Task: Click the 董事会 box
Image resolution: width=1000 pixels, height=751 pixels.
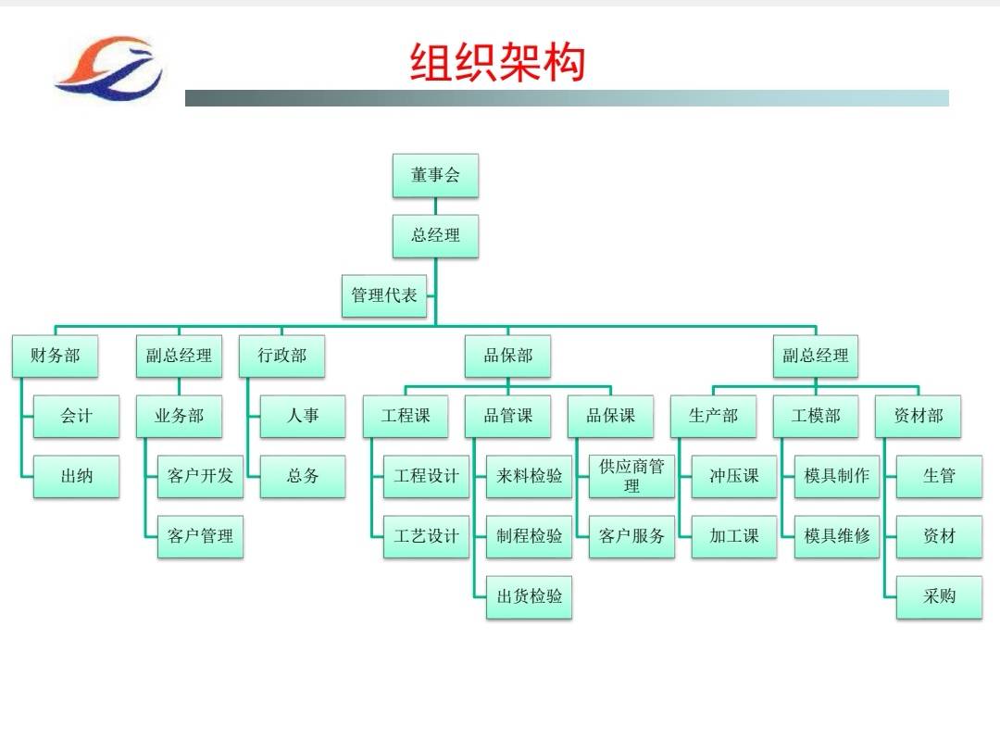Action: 435,175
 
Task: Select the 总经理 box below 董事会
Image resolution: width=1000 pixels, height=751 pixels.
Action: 435,236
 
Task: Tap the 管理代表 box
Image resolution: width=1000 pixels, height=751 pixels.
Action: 384,295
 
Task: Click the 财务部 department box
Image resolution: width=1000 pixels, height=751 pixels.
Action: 55,356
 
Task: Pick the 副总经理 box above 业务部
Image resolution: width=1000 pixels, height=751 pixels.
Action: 180,356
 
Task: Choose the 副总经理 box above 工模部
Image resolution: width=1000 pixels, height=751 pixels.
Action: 816,356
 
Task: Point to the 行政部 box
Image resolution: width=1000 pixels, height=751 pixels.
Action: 281,356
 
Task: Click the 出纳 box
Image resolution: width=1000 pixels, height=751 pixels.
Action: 77,476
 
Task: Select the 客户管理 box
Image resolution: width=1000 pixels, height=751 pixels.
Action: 200,536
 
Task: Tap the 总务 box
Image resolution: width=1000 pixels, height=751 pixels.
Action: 303,476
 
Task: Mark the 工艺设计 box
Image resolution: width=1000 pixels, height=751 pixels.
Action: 426,536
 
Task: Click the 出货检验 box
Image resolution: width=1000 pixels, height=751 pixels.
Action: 530,597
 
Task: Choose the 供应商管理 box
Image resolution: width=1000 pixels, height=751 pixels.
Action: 632,476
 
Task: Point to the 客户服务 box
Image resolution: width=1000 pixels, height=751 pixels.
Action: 632,536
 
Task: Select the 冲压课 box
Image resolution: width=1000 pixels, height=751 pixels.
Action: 734,476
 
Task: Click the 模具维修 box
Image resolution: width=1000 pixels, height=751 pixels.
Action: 837,536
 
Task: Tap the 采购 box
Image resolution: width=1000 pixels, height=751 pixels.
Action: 940,597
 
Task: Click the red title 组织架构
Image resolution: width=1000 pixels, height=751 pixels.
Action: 497,63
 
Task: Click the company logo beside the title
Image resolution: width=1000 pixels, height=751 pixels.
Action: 109,69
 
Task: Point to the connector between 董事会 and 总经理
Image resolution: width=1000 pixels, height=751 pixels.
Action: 435,207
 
